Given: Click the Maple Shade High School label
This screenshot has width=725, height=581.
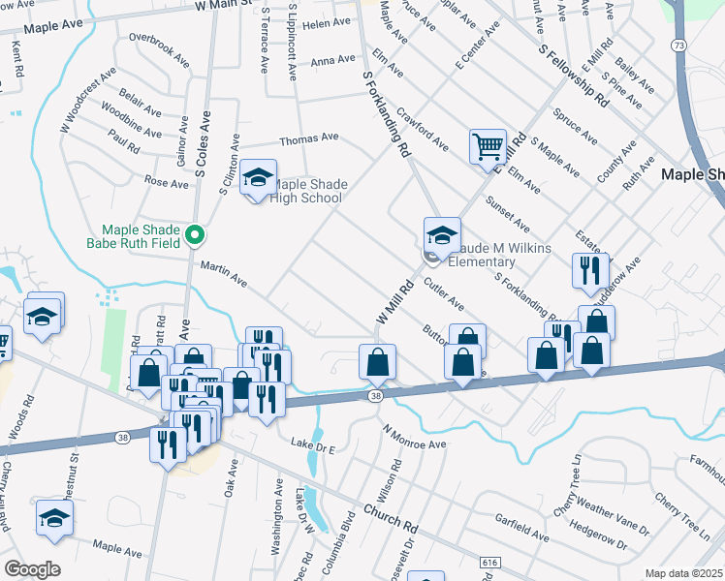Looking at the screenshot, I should point(308,192).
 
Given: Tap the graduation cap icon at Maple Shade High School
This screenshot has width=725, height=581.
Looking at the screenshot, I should point(258,177).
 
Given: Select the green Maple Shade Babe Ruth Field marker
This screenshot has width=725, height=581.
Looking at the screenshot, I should point(195,235).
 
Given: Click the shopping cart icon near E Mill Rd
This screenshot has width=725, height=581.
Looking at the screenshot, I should point(488,147).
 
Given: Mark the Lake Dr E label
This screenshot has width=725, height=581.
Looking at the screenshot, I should point(313,446).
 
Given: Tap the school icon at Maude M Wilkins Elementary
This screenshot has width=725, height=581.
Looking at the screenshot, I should point(441,234).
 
